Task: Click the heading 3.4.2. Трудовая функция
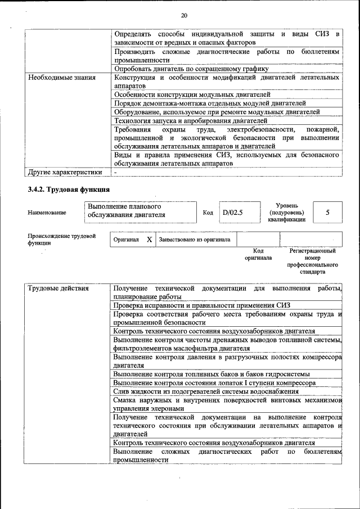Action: (69, 189)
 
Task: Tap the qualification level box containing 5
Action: (327, 213)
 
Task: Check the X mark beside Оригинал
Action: (149, 239)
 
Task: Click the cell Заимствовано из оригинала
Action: (195, 239)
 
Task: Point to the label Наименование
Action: (47, 213)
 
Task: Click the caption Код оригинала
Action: (258, 254)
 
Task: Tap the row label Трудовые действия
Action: (58, 289)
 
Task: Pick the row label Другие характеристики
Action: (65, 172)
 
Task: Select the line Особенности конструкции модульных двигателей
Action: (192, 94)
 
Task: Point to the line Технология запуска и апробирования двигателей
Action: (190, 120)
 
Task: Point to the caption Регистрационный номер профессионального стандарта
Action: (312, 261)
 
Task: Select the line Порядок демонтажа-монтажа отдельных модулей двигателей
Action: (209, 103)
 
